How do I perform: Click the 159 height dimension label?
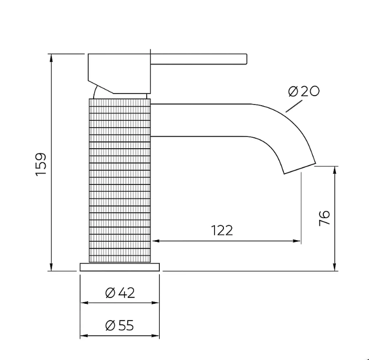pos(42,164)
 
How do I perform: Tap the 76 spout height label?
pos(324,218)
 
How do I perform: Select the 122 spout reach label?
pos(222,230)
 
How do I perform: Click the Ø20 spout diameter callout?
pos(304,91)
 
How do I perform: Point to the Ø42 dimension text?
pos(120,293)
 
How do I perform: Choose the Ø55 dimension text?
pos(119,326)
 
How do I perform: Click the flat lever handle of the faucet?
pos(200,58)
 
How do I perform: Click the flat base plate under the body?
pos(120,267)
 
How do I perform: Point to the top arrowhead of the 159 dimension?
pos(51,57)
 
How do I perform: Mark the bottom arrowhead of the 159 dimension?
pos(51,268)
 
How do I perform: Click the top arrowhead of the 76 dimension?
pos(335,169)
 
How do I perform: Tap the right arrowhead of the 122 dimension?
pos(298,241)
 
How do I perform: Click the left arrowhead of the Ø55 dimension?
pos(83,336)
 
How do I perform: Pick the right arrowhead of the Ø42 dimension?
pos(156,303)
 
